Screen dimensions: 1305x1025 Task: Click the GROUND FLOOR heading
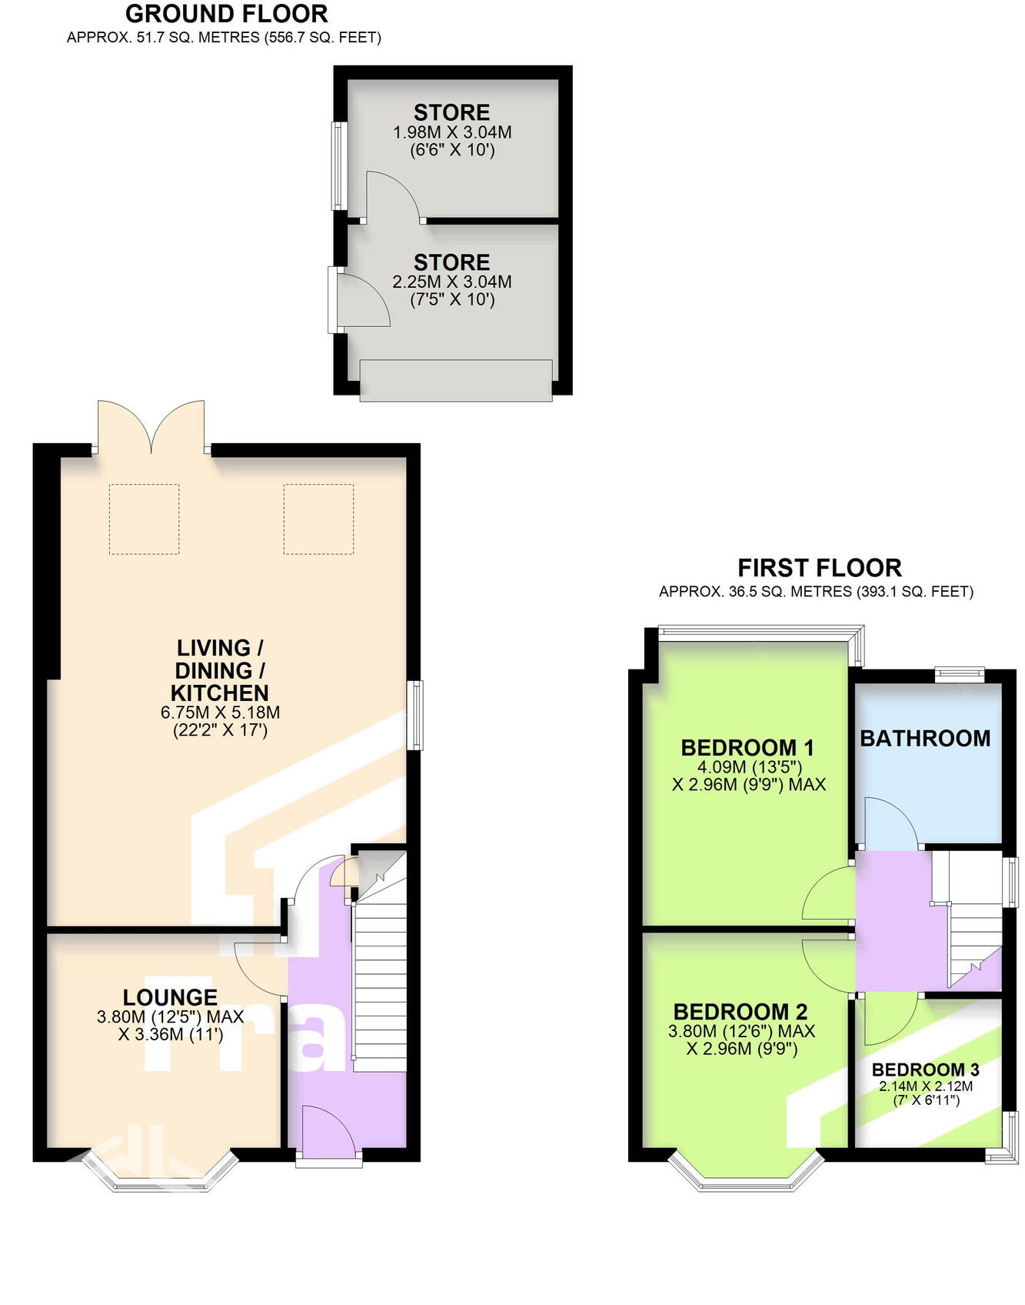pyautogui.click(x=226, y=14)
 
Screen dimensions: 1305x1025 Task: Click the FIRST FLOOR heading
pyautogui.click(x=819, y=568)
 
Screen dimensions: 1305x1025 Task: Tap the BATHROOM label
pyautogui.click(x=925, y=739)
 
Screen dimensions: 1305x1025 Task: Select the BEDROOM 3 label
pyautogui.click(x=925, y=1070)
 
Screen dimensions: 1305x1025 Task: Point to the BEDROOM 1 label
pyautogui.click(x=747, y=747)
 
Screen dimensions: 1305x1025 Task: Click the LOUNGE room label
pyautogui.click(x=170, y=997)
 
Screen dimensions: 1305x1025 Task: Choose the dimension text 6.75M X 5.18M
pyautogui.click(x=220, y=713)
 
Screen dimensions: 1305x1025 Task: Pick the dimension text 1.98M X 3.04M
pyautogui.click(x=452, y=132)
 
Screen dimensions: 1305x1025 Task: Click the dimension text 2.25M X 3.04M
pyautogui.click(x=452, y=282)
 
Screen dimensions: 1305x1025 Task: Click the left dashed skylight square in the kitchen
pyautogui.click(x=144, y=519)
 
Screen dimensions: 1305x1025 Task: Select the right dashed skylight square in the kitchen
pyautogui.click(x=318, y=519)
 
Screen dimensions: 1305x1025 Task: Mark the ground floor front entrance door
pyautogui.click(x=329, y=1135)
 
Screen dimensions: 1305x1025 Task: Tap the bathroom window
pyautogui.click(x=959, y=674)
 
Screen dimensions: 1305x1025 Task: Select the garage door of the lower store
pyautogui.click(x=456, y=380)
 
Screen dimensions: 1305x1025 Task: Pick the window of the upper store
pyautogui.click(x=338, y=165)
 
